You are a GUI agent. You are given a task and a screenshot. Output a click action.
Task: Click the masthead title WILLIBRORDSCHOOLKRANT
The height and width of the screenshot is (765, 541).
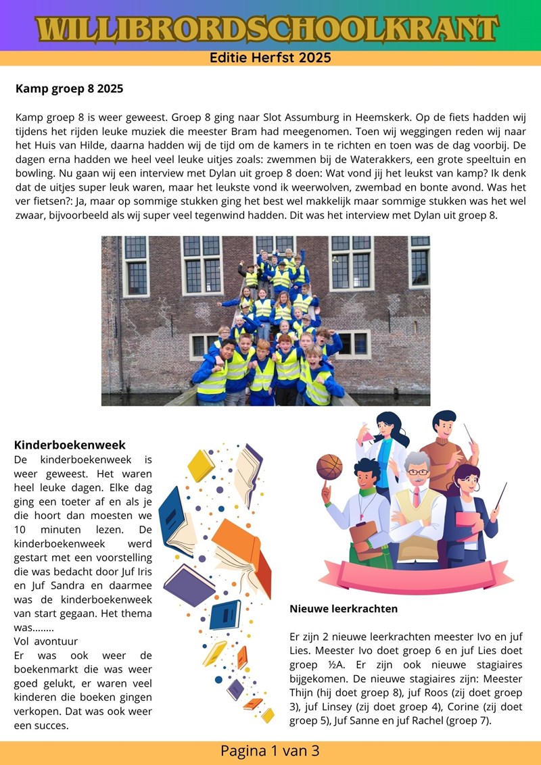click(x=270, y=28)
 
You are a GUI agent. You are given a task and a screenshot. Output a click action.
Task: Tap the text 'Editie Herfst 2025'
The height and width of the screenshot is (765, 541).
click(x=270, y=58)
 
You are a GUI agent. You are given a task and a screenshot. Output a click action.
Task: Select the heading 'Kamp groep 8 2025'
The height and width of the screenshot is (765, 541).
click(x=69, y=89)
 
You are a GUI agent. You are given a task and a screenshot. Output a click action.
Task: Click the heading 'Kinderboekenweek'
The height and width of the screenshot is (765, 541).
click(x=70, y=445)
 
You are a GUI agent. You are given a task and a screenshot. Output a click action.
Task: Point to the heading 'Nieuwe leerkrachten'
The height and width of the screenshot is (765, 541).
click(x=344, y=609)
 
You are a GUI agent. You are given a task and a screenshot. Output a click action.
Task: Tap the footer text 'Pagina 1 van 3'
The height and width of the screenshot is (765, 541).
click(x=270, y=751)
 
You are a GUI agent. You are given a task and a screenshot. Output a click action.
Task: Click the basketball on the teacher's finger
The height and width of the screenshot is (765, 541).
click(x=329, y=466)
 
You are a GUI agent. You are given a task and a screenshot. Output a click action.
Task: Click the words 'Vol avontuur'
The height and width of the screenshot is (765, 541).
click(x=46, y=641)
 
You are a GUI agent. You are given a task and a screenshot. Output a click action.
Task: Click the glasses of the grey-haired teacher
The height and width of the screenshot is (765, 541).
click(x=417, y=472)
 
